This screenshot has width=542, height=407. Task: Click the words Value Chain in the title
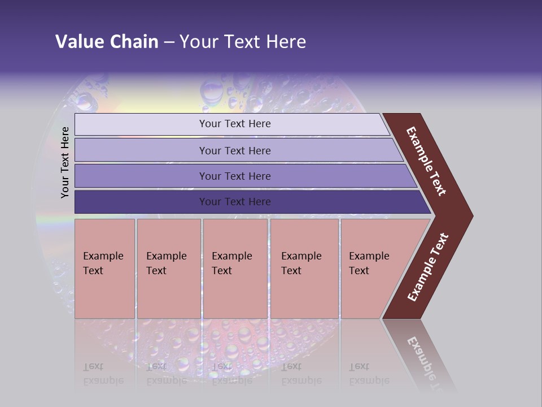pyautogui.click(x=107, y=41)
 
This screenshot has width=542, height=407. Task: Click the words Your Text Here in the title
pyautogui.click(x=243, y=41)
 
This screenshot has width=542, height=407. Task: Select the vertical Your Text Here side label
pyautogui.click(x=65, y=162)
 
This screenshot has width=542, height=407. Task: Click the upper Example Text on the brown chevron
pyautogui.click(x=426, y=161)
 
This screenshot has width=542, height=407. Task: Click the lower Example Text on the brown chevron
pyautogui.click(x=428, y=267)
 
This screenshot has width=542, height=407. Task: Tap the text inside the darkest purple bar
pyautogui.click(x=235, y=202)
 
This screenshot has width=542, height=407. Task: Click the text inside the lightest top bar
pyautogui.click(x=235, y=124)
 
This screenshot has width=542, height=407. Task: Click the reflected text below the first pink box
pyautogui.click(x=103, y=374)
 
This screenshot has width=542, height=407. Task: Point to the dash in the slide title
pyautogui.click(x=169, y=42)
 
